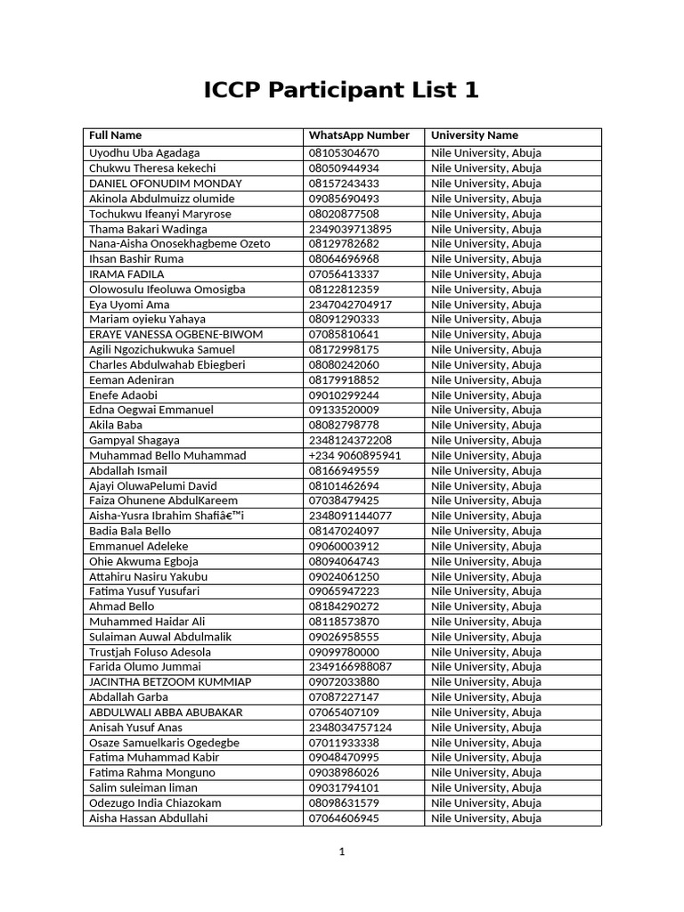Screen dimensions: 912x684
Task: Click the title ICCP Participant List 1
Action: pyautogui.click(x=341, y=91)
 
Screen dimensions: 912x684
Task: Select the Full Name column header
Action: pyautogui.click(x=115, y=135)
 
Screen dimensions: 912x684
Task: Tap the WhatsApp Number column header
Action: pyautogui.click(x=359, y=135)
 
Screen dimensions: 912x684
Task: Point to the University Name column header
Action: pyautogui.click(x=475, y=135)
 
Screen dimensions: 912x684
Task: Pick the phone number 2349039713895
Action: pyautogui.click(x=350, y=229)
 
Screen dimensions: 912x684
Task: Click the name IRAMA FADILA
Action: pyautogui.click(x=126, y=274)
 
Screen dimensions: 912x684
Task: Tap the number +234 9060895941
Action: pyautogui.click(x=354, y=455)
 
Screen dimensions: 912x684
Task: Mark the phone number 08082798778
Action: pyautogui.click(x=344, y=425)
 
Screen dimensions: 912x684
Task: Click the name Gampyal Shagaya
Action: pyautogui.click(x=134, y=440)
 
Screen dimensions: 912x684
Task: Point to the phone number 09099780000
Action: pyautogui.click(x=344, y=652)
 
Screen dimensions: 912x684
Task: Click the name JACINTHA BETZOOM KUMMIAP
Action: pyautogui.click(x=170, y=682)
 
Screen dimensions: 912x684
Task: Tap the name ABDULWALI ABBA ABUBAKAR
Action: pyautogui.click(x=165, y=712)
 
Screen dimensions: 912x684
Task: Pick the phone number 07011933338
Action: pyautogui.click(x=344, y=743)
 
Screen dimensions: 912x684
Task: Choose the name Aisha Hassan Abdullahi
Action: pyautogui.click(x=148, y=818)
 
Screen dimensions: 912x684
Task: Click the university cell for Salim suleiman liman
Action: pyautogui.click(x=485, y=787)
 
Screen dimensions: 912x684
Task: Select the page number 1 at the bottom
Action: pyautogui.click(x=341, y=851)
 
